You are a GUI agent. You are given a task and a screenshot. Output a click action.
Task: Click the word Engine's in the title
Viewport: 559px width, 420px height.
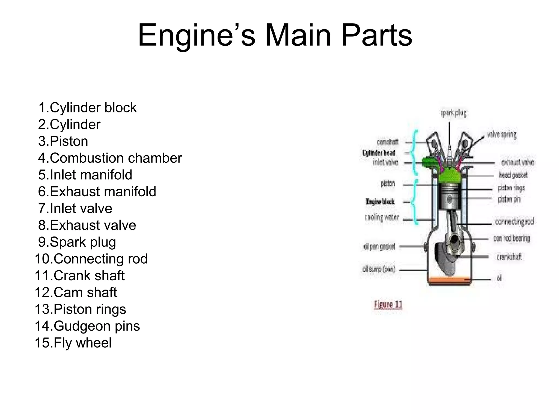pos(197,36)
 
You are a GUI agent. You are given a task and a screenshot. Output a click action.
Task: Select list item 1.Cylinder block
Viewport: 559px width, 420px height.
pos(87,108)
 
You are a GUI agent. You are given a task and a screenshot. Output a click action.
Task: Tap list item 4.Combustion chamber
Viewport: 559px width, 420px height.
pos(110,158)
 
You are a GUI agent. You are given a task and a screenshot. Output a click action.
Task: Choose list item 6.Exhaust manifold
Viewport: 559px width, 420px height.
pos(97,192)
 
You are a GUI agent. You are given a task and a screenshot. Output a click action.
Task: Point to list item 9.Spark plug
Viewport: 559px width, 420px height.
pos(77,242)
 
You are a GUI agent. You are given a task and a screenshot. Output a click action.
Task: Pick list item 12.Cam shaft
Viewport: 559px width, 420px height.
pos(76,292)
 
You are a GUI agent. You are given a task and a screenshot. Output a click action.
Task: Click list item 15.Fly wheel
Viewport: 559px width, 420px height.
pos(73,343)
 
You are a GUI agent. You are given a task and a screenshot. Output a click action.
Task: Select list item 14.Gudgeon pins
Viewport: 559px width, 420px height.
pos(87,326)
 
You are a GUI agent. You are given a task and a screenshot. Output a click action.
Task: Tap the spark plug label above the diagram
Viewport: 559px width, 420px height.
pos(453,113)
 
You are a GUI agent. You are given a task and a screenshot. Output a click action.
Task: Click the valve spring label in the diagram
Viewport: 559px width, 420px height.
pos(502,135)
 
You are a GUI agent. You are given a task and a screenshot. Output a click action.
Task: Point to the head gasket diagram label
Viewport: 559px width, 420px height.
pos(513,175)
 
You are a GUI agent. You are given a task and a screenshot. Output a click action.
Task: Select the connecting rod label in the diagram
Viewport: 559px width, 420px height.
pos(514,222)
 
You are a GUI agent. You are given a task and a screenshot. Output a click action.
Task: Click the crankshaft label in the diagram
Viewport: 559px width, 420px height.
pos(509,257)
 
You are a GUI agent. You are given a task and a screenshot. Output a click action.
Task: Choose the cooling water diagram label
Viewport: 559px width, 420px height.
pos(382,218)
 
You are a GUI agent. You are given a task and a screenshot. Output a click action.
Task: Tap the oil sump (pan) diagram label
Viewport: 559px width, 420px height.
pos(379,269)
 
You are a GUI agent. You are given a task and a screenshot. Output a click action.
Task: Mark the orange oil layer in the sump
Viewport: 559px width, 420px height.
pos(449,281)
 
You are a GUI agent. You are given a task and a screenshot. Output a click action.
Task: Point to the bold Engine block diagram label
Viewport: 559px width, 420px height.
pos(380,202)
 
